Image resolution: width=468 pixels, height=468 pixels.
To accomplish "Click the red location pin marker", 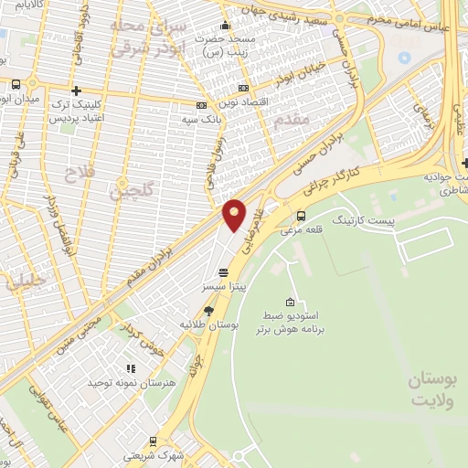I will coord(234,214).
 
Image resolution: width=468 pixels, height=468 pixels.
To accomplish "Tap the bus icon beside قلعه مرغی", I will coord(302,216).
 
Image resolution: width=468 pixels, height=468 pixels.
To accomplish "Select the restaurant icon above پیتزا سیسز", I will coord(224,271).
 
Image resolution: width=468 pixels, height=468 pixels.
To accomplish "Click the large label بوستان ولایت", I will coord(433,389).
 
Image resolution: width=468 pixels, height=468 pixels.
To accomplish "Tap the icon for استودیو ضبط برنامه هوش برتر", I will coord(290,303).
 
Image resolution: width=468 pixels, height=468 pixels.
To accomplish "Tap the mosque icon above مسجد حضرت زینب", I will coord(226,25).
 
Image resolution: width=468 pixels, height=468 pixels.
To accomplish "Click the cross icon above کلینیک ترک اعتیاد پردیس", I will coord(76,90).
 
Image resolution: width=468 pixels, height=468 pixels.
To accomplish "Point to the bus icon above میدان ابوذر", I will coord(16,85).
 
